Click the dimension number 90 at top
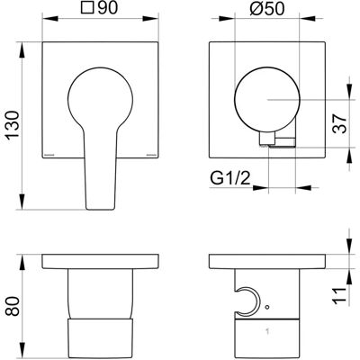tap(107, 8)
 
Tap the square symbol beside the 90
tap(86, 9)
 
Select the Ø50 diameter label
tap(266, 9)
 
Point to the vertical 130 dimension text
tap(13, 125)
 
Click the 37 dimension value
tap(340, 123)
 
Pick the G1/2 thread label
tap(229, 179)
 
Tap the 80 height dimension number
tap(13, 306)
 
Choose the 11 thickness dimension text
tap(340, 295)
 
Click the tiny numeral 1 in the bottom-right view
tap(267, 331)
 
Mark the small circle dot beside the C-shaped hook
tap(267, 307)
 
